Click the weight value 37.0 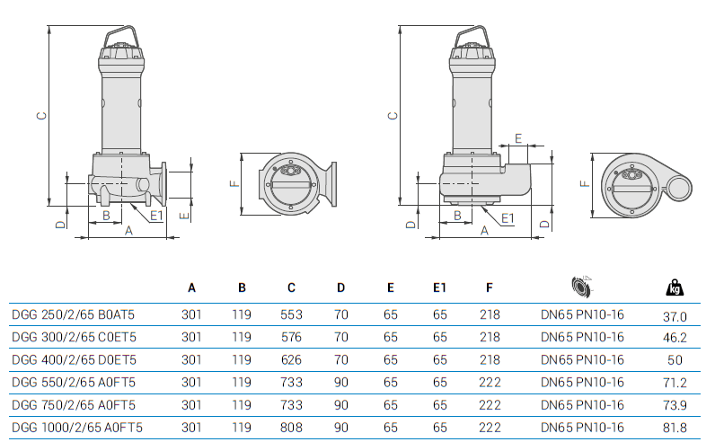click(675, 316)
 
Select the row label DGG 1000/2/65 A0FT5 click(76, 428)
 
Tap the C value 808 click(291, 428)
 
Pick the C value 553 click(291, 315)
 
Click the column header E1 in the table click(439, 288)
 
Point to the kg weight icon click(674, 287)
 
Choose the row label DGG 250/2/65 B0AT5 click(74, 315)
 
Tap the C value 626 click(291, 360)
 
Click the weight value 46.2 click(675, 339)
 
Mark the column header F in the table click(490, 288)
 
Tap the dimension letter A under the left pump click(128, 231)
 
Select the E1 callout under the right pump click(507, 217)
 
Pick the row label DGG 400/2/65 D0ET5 click(74, 360)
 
